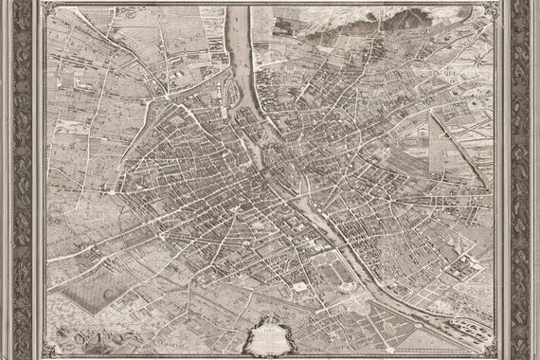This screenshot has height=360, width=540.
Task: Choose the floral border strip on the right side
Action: (521, 180)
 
